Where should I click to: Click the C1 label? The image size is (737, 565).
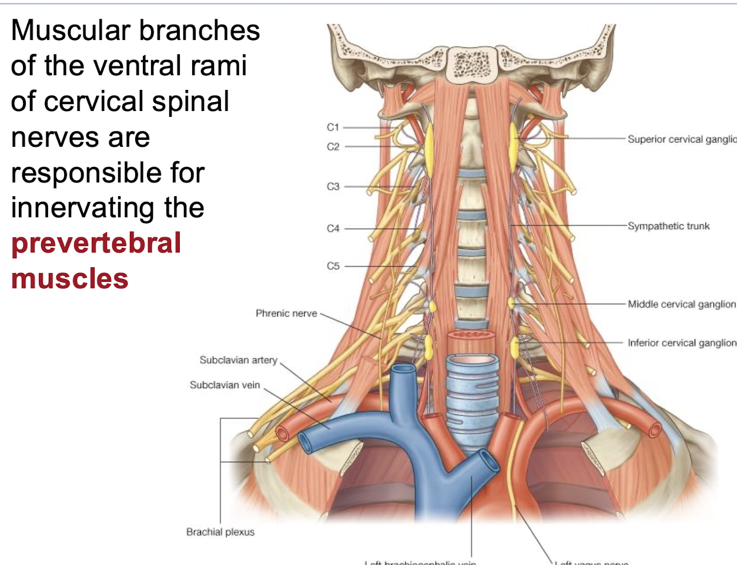[333, 127]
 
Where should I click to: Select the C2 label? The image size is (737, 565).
[333, 147]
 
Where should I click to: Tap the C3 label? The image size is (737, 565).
[333, 187]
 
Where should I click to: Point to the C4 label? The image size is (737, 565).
[333, 228]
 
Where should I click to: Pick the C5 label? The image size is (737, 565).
[333, 266]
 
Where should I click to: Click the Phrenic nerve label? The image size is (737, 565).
[286, 314]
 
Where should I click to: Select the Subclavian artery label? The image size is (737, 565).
[238, 360]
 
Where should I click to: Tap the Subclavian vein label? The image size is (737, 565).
[225, 385]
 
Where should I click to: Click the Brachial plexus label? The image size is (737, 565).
[220, 532]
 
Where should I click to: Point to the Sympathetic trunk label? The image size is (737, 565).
[668, 226]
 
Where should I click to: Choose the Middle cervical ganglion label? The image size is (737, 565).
[681, 304]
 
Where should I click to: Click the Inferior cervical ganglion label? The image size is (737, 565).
[681, 343]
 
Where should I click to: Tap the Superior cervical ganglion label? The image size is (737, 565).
[681, 139]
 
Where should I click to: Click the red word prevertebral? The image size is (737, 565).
[96, 243]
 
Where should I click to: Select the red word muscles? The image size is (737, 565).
[69, 278]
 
